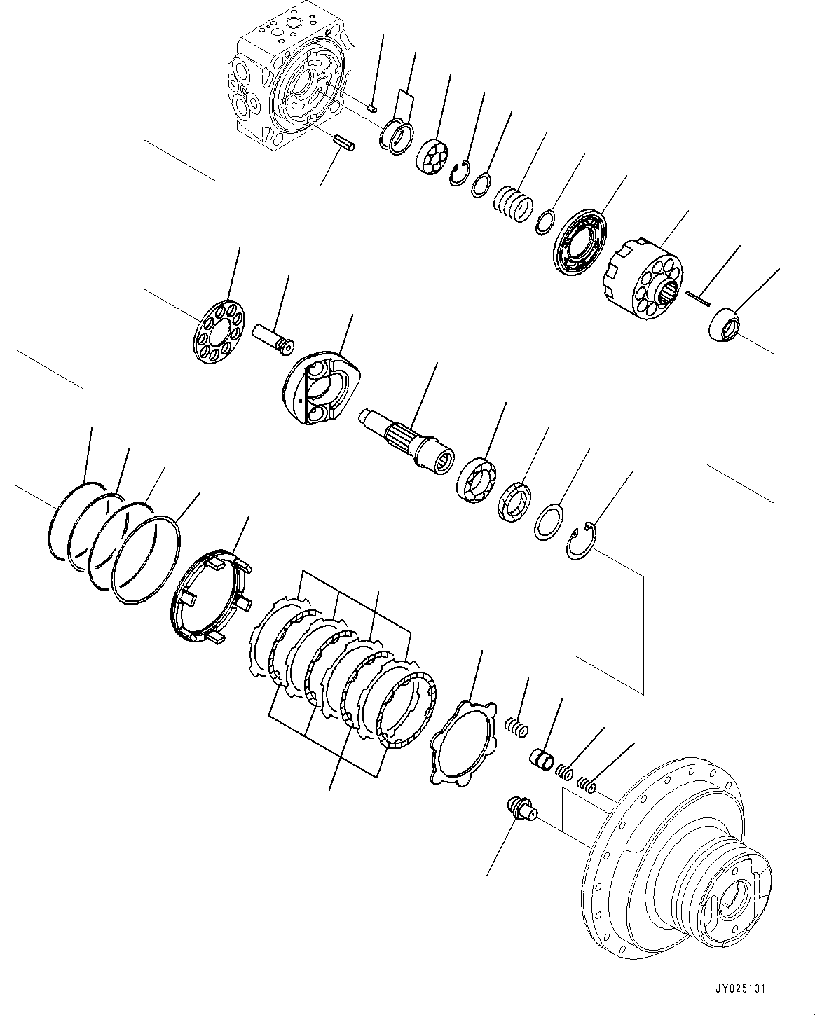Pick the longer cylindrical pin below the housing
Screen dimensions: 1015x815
[x=345, y=142]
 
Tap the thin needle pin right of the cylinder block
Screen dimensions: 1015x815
[x=699, y=299]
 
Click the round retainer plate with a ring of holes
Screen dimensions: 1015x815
[x=217, y=331]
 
